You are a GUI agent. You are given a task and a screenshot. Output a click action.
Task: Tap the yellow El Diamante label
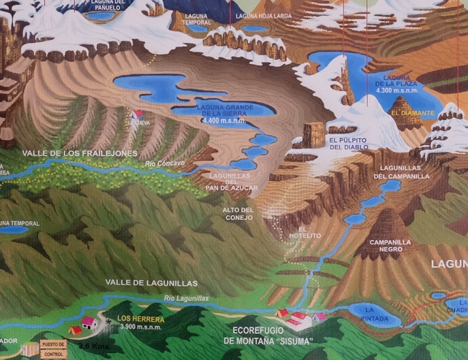click(412, 112)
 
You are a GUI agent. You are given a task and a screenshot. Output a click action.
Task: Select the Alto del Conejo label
click(238, 214)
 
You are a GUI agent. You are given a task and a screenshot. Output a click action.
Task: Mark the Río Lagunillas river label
click(186, 299)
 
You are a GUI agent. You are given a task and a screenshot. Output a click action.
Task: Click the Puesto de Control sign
click(53, 348)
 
